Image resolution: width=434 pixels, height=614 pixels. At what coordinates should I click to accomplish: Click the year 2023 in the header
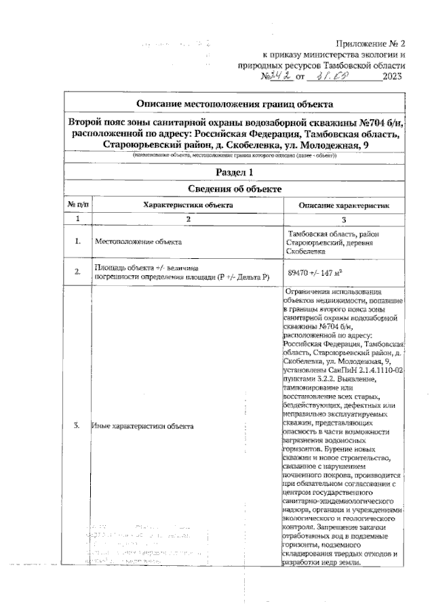click(393, 77)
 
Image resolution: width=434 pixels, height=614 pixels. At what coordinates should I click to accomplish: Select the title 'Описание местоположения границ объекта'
click(235, 104)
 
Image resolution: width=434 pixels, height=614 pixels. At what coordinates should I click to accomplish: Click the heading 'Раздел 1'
click(234, 172)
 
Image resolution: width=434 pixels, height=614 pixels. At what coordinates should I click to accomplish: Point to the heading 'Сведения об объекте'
click(234, 189)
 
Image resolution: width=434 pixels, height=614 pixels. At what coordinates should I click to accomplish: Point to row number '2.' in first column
click(78, 272)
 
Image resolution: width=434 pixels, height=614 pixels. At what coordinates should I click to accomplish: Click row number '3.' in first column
click(78, 426)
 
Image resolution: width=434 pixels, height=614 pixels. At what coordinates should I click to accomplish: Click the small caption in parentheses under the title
click(235, 155)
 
